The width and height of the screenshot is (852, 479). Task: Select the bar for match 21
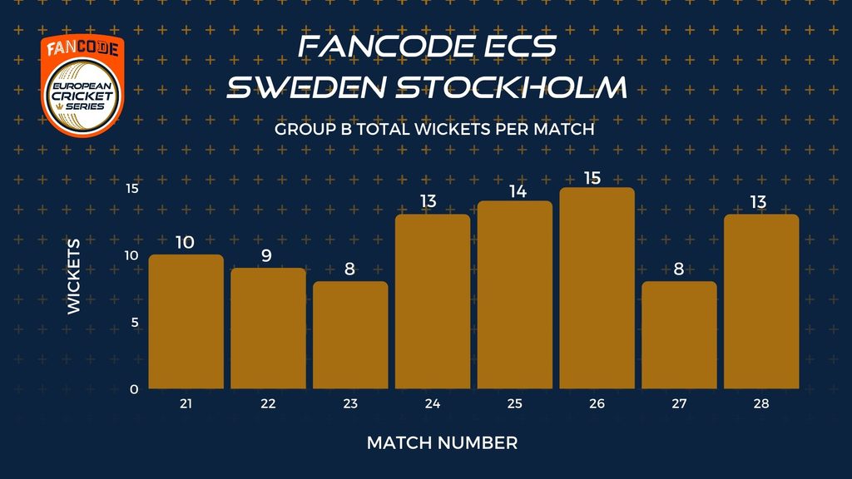point(186,322)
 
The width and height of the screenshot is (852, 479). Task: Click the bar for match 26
point(597,288)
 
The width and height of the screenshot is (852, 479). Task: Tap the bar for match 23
point(350,335)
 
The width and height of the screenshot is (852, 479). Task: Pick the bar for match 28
point(761,301)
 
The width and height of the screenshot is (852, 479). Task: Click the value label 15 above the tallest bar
point(592,178)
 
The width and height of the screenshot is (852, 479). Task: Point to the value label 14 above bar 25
point(518,192)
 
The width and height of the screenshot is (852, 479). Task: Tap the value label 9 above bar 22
point(266,255)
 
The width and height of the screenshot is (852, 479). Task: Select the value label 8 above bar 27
point(679,269)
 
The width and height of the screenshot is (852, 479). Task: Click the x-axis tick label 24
point(433,403)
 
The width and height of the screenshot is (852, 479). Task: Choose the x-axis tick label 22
point(268,403)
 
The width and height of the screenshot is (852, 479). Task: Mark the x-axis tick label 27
point(679,403)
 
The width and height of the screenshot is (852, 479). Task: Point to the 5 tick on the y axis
point(135,323)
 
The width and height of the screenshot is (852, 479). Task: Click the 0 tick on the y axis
point(134,389)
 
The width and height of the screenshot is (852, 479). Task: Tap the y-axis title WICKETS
point(74,276)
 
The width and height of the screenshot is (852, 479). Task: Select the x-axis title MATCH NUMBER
point(443,443)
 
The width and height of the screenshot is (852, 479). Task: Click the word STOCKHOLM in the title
point(512,87)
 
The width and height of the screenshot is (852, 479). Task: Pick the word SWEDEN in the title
point(306,87)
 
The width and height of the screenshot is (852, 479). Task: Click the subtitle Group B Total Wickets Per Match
point(434,129)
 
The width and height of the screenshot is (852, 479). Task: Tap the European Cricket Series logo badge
point(82,86)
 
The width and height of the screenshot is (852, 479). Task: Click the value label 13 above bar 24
point(428,201)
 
